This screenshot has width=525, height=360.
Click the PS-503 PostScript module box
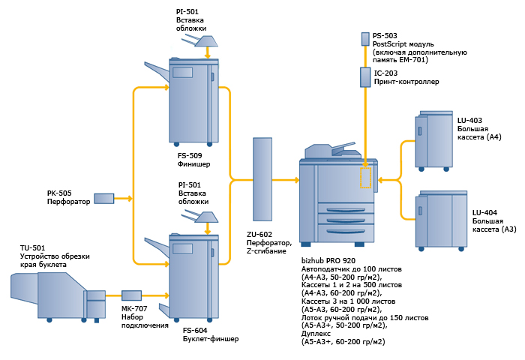click(x=365, y=39)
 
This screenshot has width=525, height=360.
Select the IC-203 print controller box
click(x=365, y=77)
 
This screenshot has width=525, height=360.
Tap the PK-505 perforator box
click(x=103, y=199)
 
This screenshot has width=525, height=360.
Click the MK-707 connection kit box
click(x=131, y=295)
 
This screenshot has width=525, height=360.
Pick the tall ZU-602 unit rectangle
click(x=262, y=179)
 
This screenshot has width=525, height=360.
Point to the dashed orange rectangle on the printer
click(x=365, y=178)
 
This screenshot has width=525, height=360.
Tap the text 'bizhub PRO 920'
click(x=328, y=260)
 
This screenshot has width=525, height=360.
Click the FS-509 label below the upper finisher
click(x=190, y=156)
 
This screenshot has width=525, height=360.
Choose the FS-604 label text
click(x=195, y=331)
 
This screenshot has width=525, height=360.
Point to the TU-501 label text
click(x=32, y=248)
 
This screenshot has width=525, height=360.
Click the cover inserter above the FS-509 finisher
click(x=199, y=42)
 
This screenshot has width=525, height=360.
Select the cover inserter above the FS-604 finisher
click(x=199, y=217)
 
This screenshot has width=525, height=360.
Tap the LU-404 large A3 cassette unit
click(x=441, y=220)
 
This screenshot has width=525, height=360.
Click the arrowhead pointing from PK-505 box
click(x=130, y=199)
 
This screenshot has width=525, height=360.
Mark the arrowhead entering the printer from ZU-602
click(x=296, y=180)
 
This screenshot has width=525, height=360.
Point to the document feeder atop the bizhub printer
click(x=330, y=151)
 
